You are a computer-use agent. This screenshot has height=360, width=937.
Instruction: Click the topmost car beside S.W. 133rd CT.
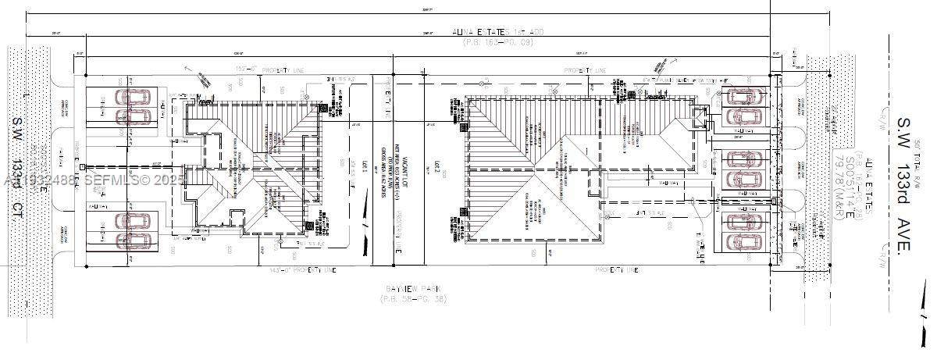[x=135, y=98]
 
